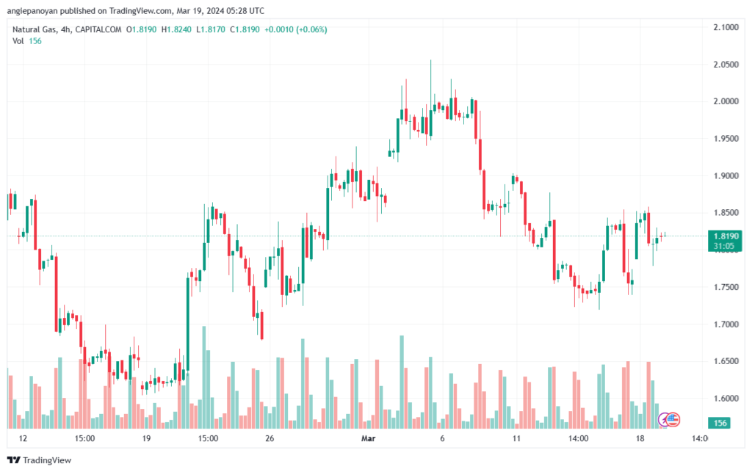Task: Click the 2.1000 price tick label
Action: click(726, 27)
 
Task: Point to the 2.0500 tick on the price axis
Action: click(726, 64)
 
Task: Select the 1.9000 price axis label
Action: click(726, 176)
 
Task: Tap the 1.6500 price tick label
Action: click(726, 361)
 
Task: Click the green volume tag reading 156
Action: click(720, 423)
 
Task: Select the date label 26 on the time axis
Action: click(270, 438)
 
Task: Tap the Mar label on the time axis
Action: click(368, 438)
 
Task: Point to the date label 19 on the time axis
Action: click(146, 438)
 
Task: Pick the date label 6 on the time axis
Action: click(442, 438)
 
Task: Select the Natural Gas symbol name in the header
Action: click(34, 29)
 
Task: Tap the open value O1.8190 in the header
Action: click(142, 29)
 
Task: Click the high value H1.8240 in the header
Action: click(176, 29)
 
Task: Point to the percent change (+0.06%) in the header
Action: click(311, 29)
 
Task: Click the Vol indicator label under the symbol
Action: click(18, 41)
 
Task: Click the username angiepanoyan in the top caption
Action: click(31, 10)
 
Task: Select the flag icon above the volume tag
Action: click(673, 420)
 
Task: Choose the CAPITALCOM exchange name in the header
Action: click(98, 29)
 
